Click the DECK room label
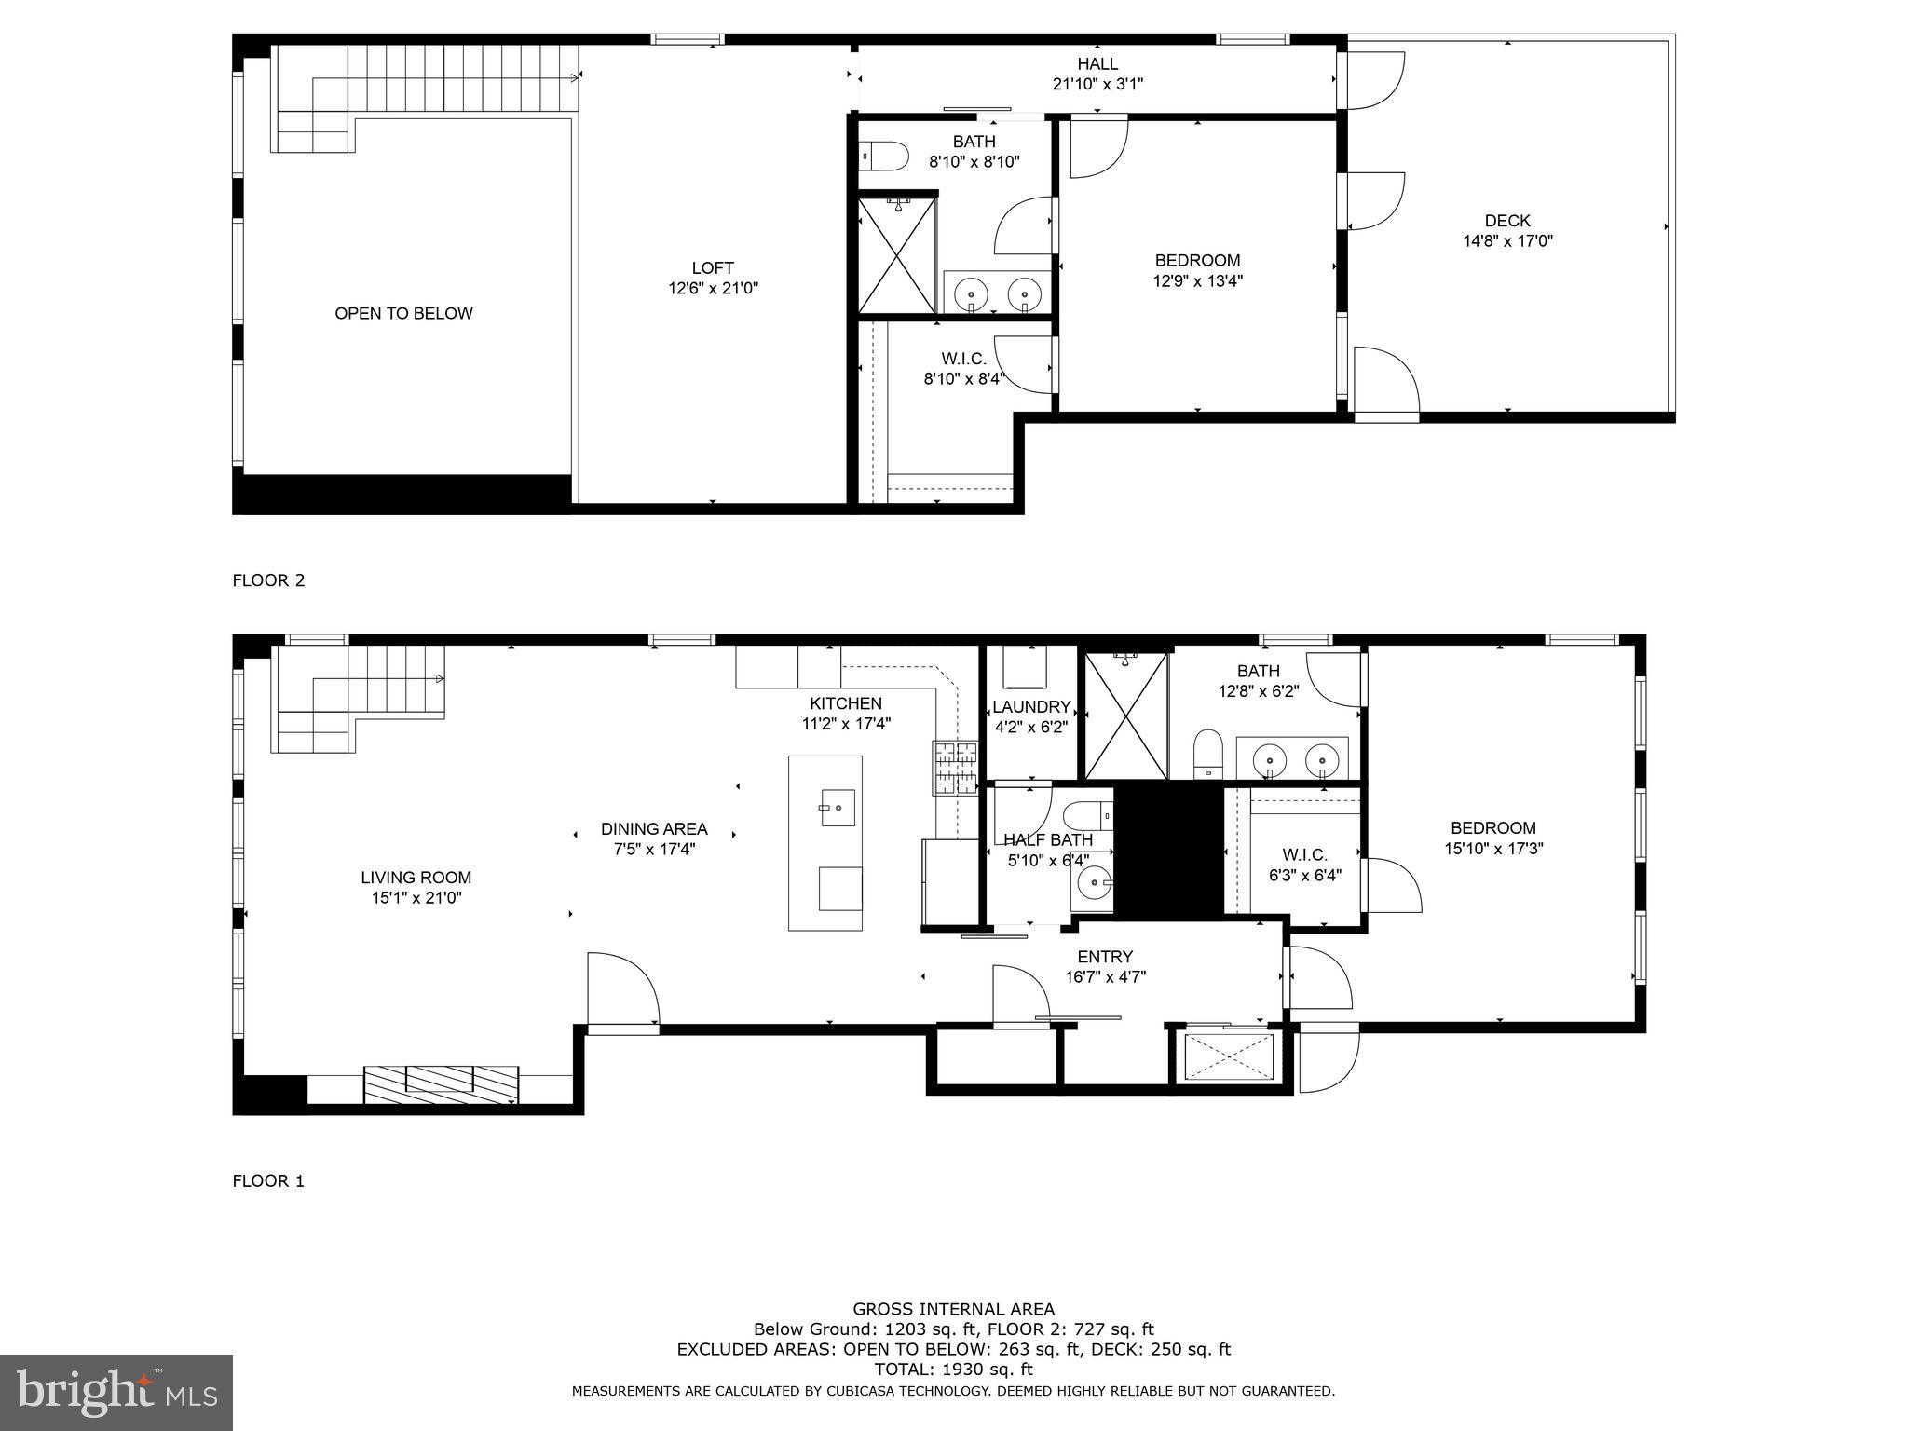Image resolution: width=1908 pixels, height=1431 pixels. [x=1506, y=221]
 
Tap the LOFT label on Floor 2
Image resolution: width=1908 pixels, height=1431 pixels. [x=713, y=268]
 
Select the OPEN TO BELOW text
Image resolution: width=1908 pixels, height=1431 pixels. [x=403, y=314]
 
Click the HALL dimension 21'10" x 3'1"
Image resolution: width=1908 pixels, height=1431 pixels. [x=1097, y=84]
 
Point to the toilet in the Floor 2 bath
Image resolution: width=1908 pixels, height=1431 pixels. [x=885, y=157]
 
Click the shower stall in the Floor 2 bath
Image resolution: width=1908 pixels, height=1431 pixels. [x=896, y=255]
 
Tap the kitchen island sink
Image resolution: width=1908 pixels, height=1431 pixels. [x=837, y=807]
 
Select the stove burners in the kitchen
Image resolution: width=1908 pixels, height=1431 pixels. [x=955, y=768]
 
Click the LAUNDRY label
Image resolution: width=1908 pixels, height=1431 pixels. [x=1030, y=707]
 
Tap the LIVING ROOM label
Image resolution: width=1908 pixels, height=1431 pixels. [x=416, y=878]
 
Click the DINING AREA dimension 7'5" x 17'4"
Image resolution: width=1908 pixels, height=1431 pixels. [x=654, y=849]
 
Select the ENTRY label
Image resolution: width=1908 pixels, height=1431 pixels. [x=1105, y=957]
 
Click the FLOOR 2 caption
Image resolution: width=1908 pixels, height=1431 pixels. [x=268, y=580]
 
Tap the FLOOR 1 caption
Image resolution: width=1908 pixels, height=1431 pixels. [x=268, y=1181]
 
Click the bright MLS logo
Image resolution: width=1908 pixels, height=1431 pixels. [x=116, y=1392]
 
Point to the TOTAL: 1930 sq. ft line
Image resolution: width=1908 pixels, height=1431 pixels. [x=953, y=1370]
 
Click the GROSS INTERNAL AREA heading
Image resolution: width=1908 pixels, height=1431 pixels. [x=953, y=1309]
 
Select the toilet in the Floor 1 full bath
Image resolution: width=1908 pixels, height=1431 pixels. [x=1207, y=753]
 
